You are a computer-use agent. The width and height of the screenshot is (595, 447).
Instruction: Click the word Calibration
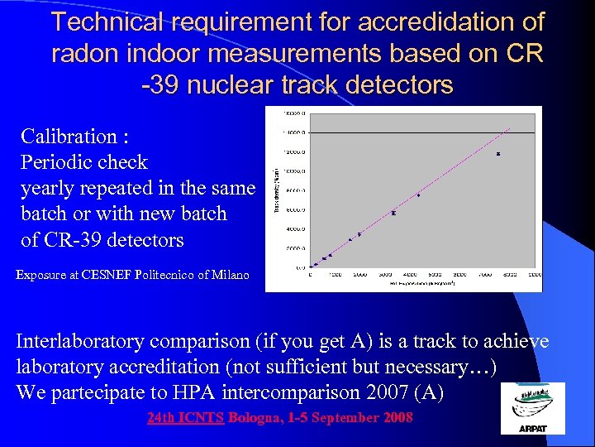[x=68, y=136]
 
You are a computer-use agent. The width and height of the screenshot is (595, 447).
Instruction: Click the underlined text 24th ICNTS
[x=185, y=418]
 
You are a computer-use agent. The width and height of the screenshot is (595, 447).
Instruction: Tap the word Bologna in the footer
[x=255, y=418]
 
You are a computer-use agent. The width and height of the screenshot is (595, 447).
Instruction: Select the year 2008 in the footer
[x=398, y=418]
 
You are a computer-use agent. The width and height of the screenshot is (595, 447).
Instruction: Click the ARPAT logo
[x=533, y=408]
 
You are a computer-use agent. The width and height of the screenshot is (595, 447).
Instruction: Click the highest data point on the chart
[x=498, y=154]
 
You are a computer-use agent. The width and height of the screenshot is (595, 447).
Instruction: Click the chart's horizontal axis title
[x=425, y=283]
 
